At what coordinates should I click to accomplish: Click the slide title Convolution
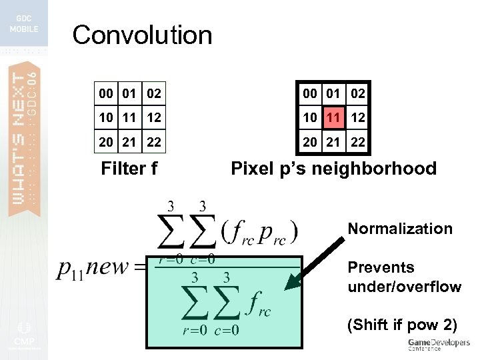[x=142, y=35]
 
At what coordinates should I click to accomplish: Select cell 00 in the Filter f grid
[x=106, y=94]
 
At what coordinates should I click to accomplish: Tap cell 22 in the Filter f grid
[x=154, y=141]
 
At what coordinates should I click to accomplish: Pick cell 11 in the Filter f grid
[x=130, y=117]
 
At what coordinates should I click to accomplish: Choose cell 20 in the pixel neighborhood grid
[x=310, y=141]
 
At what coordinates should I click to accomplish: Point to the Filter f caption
[x=129, y=169]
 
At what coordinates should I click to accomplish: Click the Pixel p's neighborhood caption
[x=333, y=169]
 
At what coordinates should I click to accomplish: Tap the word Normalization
[x=400, y=229]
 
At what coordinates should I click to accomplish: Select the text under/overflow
[x=404, y=287]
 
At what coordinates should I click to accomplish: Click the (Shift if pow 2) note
[x=402, y=325]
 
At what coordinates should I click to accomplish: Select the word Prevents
[x=381, y=267]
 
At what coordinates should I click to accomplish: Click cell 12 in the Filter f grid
[x=154, y=117]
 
